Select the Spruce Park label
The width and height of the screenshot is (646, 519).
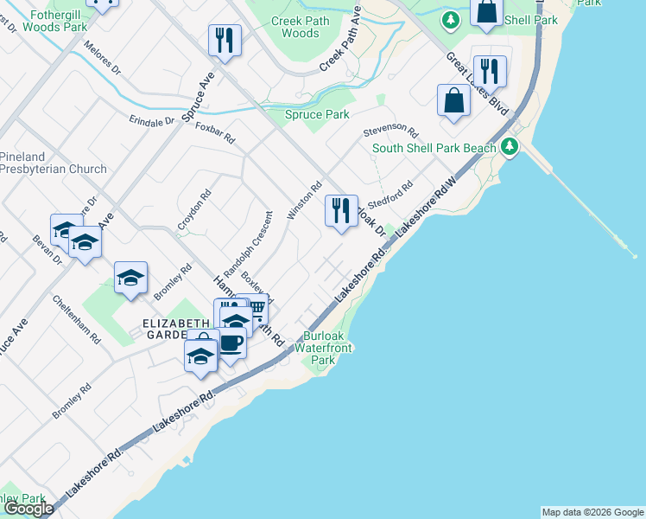pos(317,114)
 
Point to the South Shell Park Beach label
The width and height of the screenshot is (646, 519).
pos(434,148)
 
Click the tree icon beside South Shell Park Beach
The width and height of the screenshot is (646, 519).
pos(510,147)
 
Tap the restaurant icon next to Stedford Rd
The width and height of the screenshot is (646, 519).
pos(341,210)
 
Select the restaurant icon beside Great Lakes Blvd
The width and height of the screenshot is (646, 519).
pos(490,70)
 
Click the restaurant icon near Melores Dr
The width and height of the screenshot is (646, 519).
pos(225,39)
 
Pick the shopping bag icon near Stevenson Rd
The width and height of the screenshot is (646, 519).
pos(453,100)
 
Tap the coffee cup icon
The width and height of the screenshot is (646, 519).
pos(231,343)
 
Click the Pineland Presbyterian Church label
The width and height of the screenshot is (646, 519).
pos(54,163)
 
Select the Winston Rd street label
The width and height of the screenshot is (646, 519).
pos(304,200)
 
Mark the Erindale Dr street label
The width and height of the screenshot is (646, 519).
pos(151,121)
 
